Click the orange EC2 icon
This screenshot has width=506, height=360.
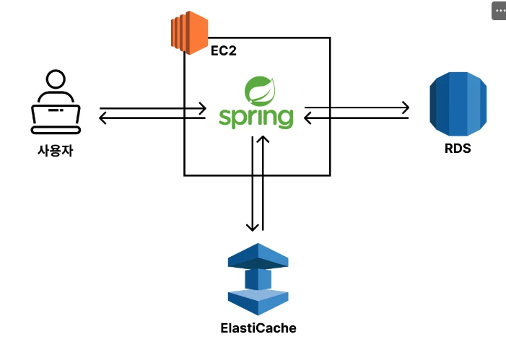pyautogui.click(x=189, y=32)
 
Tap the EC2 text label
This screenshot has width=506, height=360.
pyautogui.click(x=224, y=51)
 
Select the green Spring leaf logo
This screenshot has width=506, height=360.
pyautogui.click(x=260, y=91)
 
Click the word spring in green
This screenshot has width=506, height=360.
pyautogui.click(x=256, y=118)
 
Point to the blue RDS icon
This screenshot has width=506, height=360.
pyautogui.click(x=458, y=104)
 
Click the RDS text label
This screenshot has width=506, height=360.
pyautogui.click(x=458, y=149)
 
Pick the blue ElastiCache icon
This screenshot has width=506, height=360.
pyautogui.click(x=258, y=279)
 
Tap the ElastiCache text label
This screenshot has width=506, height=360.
pyautogui.click(x=258, y=328)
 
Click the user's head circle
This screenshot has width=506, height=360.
pyautogui.click(x=56, y=79)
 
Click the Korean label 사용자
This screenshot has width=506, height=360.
pyautogui.click(x=56, y=151)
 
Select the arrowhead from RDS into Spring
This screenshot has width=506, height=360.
pyautogui.click(x=307, y=118)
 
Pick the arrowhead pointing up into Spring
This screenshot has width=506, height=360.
pyautogui.click(x=263, y=139)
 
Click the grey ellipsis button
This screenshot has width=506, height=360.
pyautogui.click(x=499, y=11)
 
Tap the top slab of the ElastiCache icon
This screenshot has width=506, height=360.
pyautogui.click(x=258, y=256)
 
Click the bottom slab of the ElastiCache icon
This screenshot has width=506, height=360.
pyautogui.click(x=258, y=302)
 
